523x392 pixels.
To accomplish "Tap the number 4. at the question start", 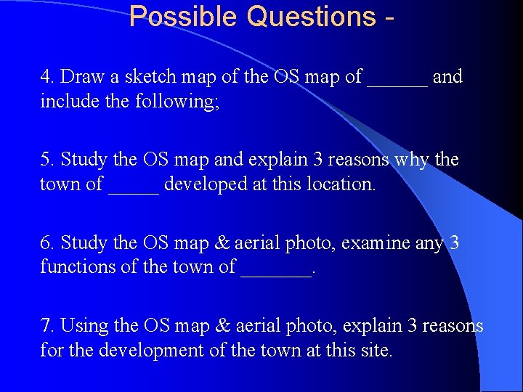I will tap(48, 77).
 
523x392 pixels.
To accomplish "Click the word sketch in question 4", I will tap(137, 77).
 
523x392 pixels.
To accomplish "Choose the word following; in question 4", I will tap(177, 102).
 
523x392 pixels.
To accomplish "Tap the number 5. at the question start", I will tap(48, 160).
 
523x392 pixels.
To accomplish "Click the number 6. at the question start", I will tap(48, 242).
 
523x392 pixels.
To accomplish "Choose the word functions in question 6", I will tap(74, 267).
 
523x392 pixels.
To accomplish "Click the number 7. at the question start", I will tap(48, 326).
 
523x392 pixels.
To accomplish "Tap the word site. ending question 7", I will tap(377, 351).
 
